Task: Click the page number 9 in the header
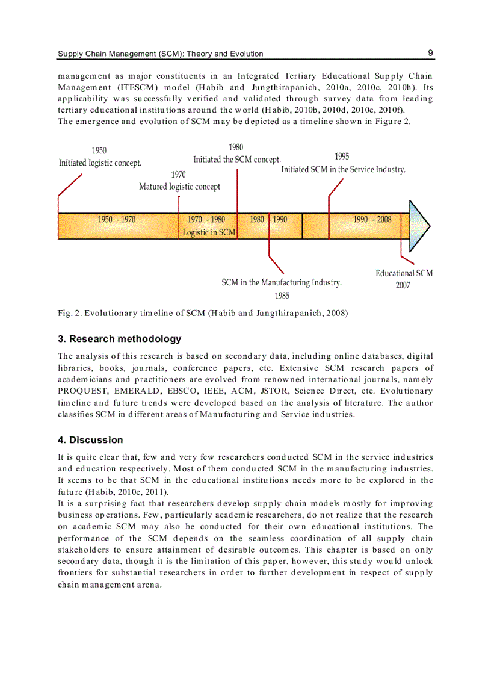pos(430,53)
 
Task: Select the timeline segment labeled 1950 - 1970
pos(117,220)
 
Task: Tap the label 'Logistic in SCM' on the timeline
pos(209,232)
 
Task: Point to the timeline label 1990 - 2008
pos(372,220)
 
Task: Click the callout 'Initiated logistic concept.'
pos(100,163)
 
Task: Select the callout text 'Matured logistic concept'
pos(179,187)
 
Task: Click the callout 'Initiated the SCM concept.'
pos(236,160)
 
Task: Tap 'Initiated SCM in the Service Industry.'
pos(343,170)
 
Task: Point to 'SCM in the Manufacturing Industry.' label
pos(281,282)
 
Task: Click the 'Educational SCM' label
pos(404,273)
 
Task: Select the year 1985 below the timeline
pos(282,296)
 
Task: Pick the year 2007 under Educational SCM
pos(403,285)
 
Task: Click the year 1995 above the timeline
pos(342,157)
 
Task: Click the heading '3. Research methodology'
pos(119,339)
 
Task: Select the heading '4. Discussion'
pos(90,440)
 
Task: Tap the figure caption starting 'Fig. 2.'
pos(203,313)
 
